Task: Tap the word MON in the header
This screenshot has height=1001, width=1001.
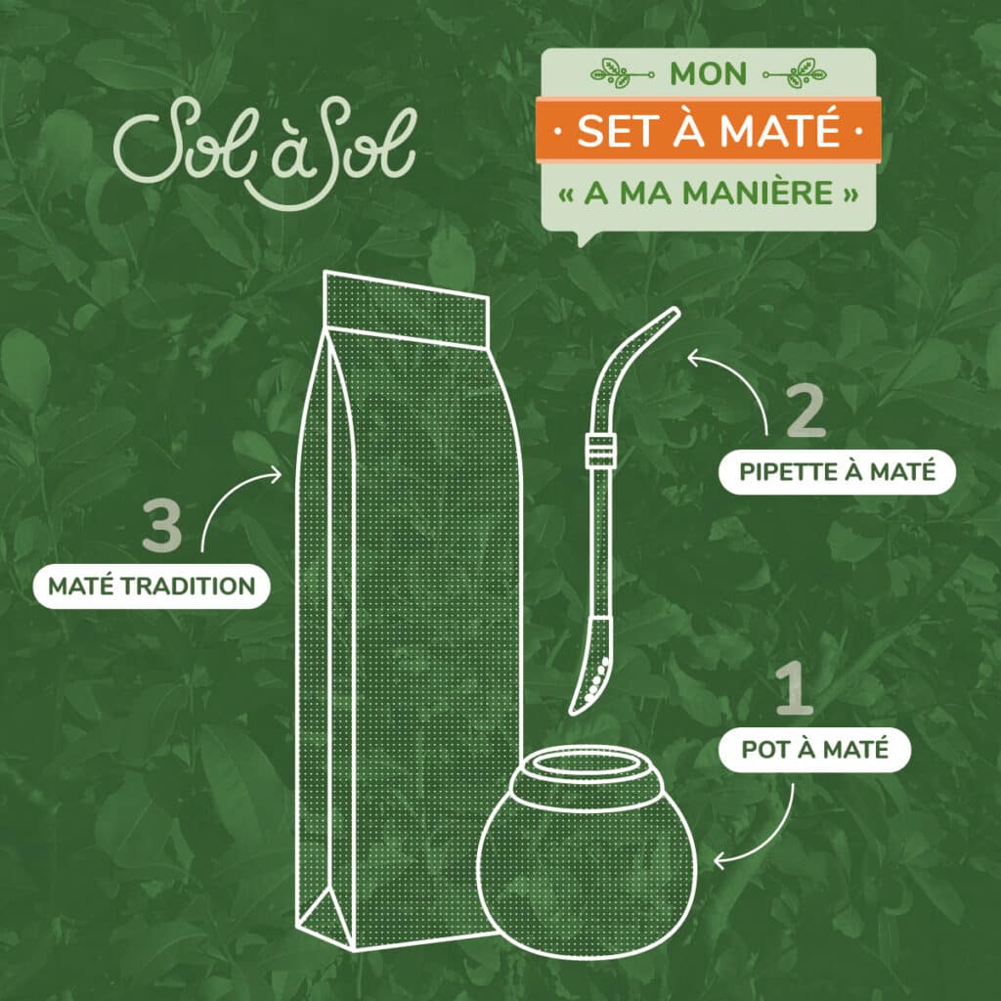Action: click(709, 74)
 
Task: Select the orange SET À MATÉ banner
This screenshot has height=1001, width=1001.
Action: click(709, 130)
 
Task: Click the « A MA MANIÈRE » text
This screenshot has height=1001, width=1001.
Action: click(709, 191)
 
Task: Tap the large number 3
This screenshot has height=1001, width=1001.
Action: click(162, 528)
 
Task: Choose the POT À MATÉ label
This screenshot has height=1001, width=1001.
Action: click(813, 751)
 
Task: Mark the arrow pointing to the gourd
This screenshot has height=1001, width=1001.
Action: click(762, 831)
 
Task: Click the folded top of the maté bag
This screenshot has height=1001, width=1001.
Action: click(406, 308)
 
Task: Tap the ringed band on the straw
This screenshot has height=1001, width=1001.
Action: click(593, 451)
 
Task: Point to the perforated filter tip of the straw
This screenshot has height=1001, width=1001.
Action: click(591, 675)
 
